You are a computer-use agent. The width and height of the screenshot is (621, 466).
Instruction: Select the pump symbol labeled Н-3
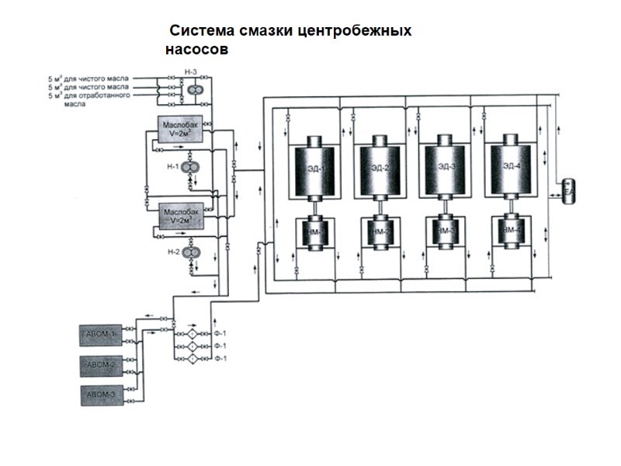pyautogui.click(x=191, y=90)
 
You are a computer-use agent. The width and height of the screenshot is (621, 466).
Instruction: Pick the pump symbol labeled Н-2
pyautogui.click(x=189, y=254)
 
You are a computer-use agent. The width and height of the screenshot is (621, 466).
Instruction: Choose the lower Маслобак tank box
pyautogui.click(x=181, y=214)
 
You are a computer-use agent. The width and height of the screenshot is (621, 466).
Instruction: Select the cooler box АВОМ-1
pyautogui.click(x=101, y=335)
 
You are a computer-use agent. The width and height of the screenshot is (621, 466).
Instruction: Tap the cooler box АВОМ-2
pyautogui.click(x=101, y=364)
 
